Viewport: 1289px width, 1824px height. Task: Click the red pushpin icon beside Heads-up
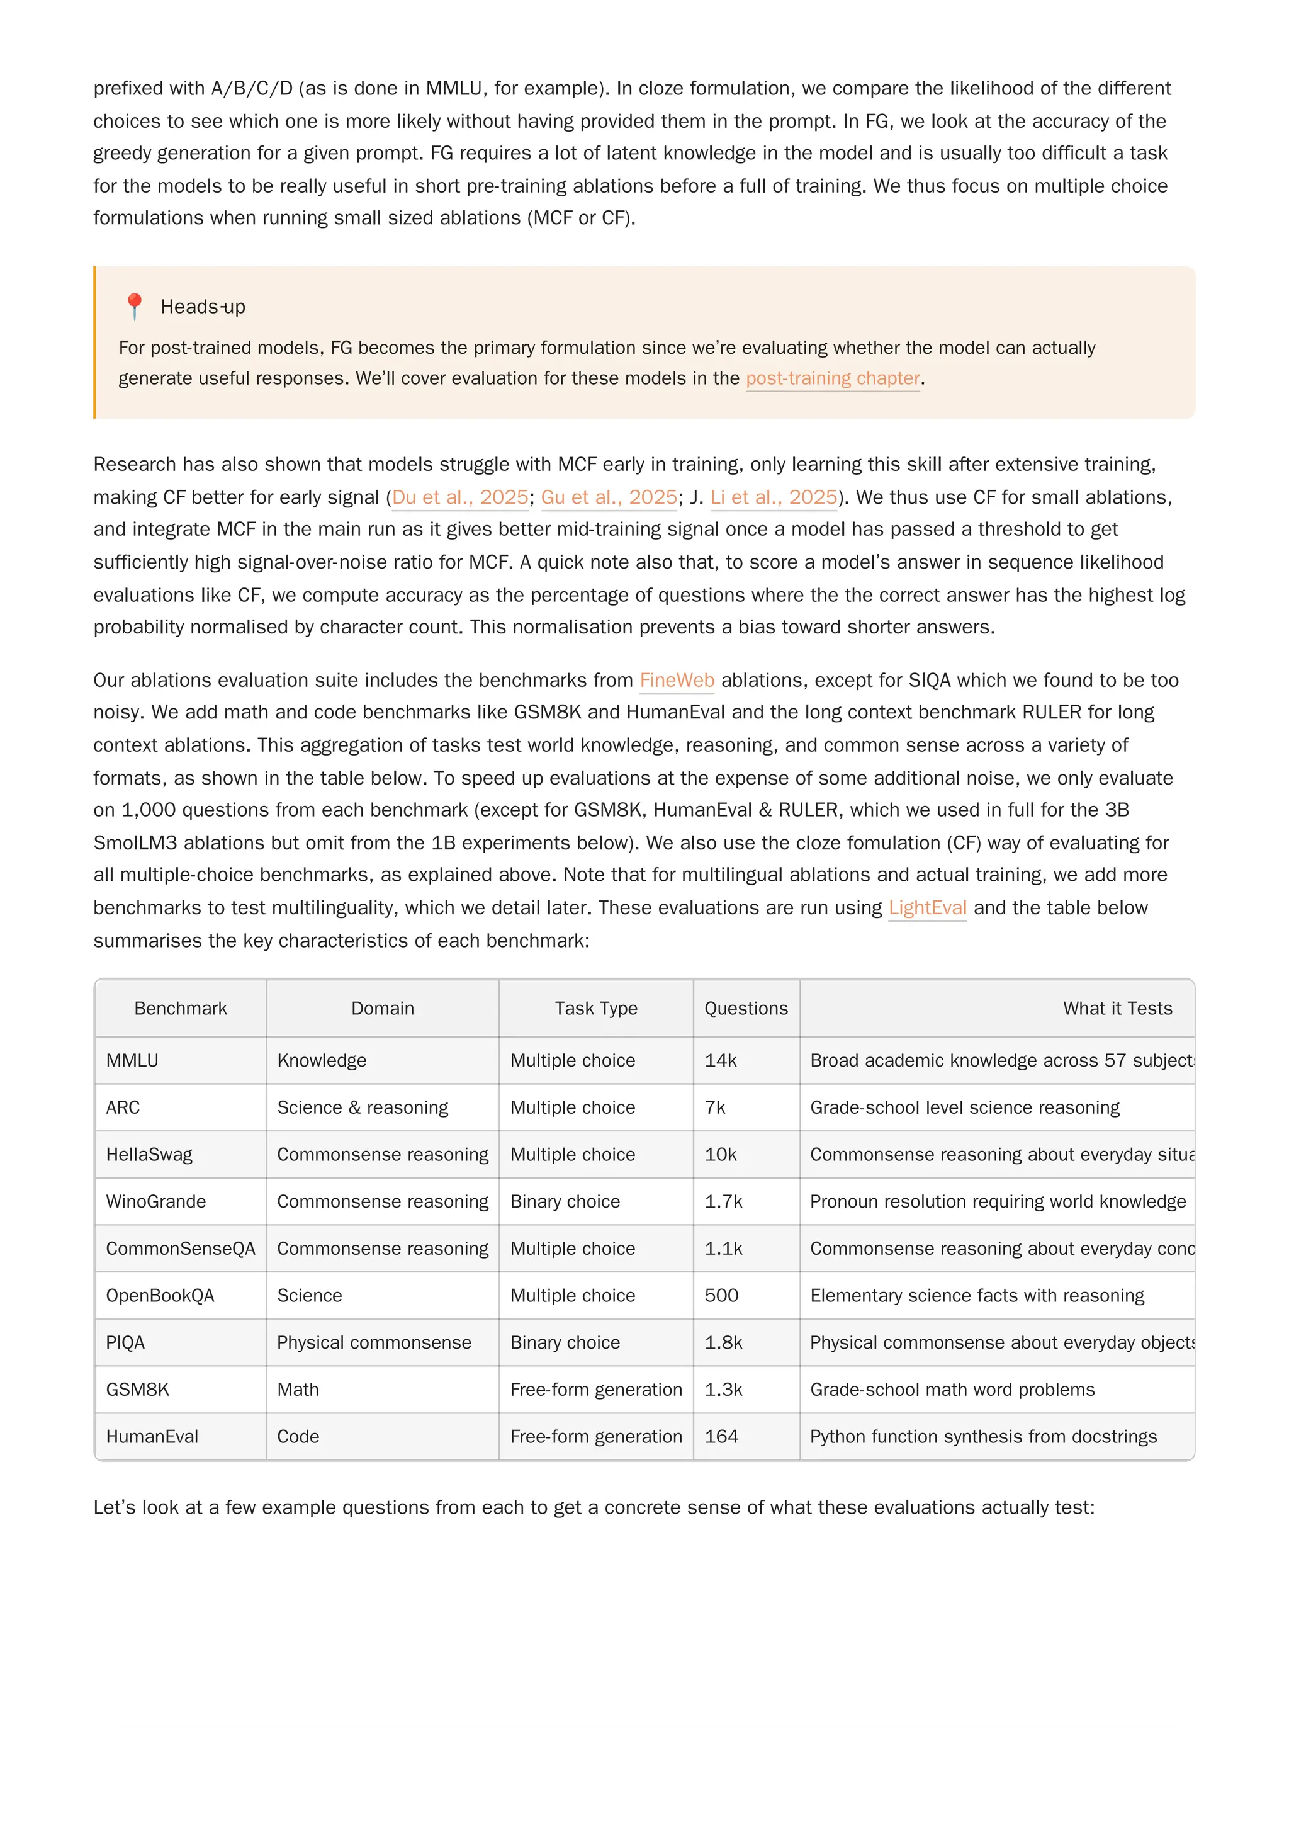[x=134, y=306]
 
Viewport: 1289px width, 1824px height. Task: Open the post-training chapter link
[x=831, y=378]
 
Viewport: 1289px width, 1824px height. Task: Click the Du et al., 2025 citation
[x=460, y=497]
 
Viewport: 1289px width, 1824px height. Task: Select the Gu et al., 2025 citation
[x=609, y=497]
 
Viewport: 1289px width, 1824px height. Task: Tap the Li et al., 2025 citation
[x=773, y=497]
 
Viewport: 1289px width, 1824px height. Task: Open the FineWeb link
[x=676, y=680]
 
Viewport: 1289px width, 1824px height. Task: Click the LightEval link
[x=927, y=907]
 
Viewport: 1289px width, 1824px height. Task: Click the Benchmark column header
[x=180, y=1008]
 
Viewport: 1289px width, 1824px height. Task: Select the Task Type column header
[x=595, y=1008]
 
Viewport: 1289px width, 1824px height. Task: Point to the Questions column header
[x=746, y=1008]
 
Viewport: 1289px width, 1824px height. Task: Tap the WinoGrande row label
[x=155, y=1201]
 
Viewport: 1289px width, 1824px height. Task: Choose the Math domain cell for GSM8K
[x=298, y=1390]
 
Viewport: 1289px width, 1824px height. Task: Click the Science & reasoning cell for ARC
[x=362, y=1107]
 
